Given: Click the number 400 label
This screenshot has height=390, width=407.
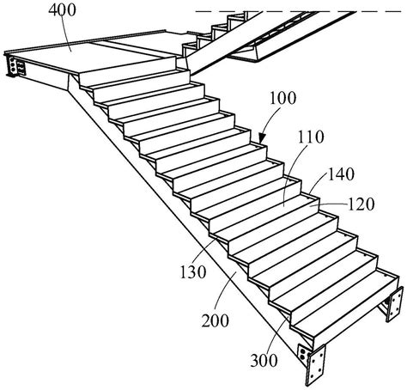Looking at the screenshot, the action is tap(62, 10).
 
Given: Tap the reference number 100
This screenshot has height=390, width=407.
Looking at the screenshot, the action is tap(283, 98).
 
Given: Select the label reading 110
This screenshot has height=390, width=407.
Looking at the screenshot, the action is tap(311, 137).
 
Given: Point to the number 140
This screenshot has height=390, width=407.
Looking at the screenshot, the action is tap(341, 174).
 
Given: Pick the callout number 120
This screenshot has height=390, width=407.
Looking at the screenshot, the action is tap(361, 204).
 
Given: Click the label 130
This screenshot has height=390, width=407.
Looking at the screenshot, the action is tap(193, 272).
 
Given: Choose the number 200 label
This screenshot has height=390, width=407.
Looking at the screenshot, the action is tap(216, 320).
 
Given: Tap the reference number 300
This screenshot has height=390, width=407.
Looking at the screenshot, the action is tap(264, 361).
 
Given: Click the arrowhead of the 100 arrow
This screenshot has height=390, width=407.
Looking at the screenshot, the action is tap(261, 139).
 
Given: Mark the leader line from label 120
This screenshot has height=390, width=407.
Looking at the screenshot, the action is tap(330, 204).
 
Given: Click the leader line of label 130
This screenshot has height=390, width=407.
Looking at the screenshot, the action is tap(203, 252).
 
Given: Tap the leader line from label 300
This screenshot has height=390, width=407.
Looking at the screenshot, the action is tap(276, 334).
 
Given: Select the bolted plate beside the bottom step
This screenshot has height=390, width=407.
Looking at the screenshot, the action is tap(395, 303).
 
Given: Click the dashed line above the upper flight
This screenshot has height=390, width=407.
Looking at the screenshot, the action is tap(298, 11).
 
